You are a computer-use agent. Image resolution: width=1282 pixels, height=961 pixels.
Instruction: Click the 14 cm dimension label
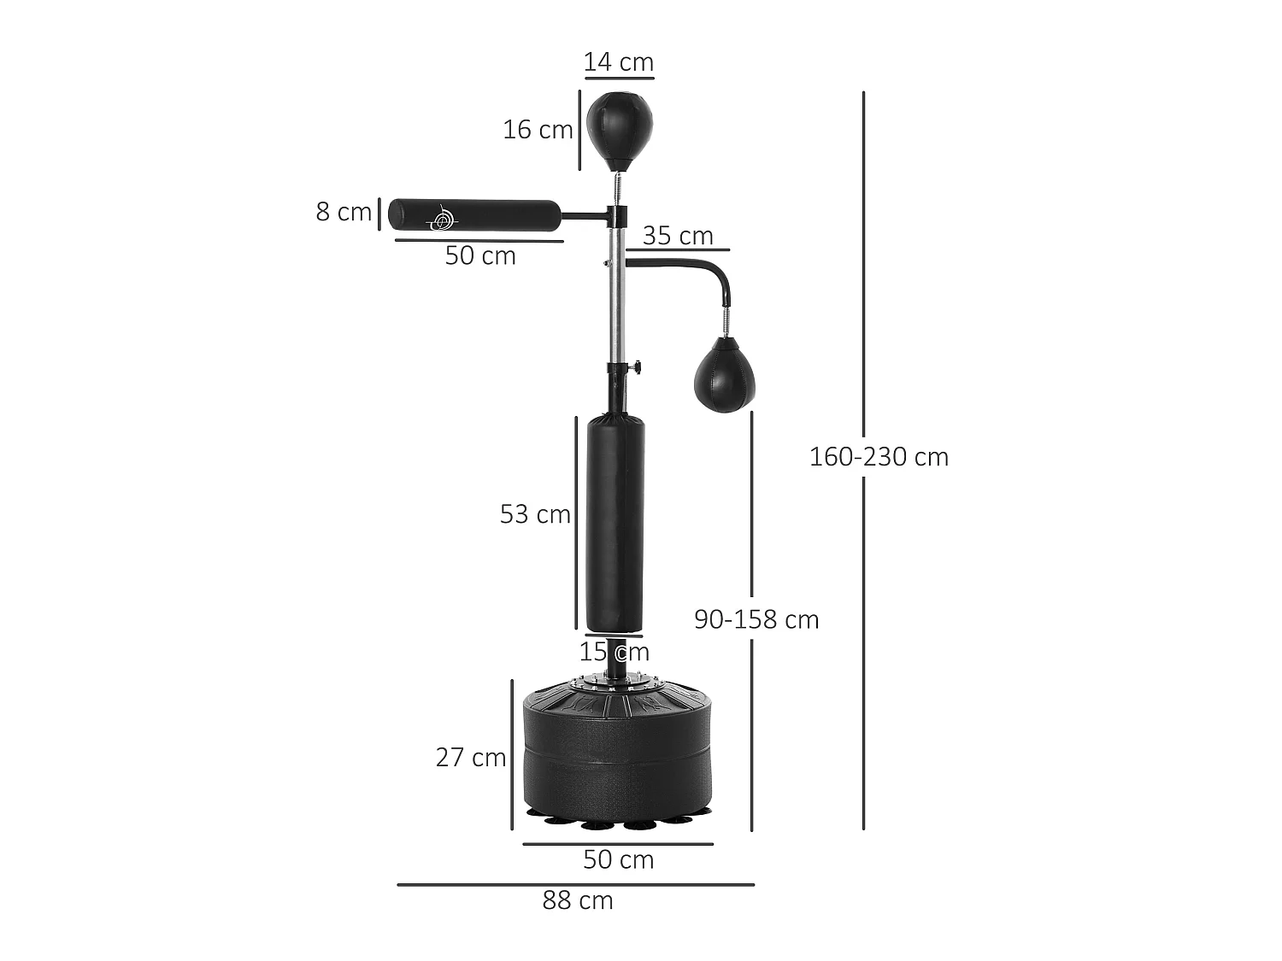click(619, 62)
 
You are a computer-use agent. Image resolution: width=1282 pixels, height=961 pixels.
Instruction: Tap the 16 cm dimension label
click(538, 130)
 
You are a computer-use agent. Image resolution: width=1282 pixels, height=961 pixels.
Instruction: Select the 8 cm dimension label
click(344, 212)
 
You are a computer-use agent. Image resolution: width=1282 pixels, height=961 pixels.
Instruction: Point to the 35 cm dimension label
click(678, 236)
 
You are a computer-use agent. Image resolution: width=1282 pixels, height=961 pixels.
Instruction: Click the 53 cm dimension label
click(535, 514)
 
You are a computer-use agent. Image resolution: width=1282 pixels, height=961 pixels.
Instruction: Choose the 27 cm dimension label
click(471, 758)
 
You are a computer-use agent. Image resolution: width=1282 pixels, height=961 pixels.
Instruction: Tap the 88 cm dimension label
click(578, 900)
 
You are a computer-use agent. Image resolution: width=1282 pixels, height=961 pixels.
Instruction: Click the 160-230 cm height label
click(879, 457)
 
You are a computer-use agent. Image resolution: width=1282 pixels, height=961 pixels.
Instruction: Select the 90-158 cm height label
click(756, 619)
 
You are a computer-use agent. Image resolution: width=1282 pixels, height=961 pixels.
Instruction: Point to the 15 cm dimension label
click(614, 652)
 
